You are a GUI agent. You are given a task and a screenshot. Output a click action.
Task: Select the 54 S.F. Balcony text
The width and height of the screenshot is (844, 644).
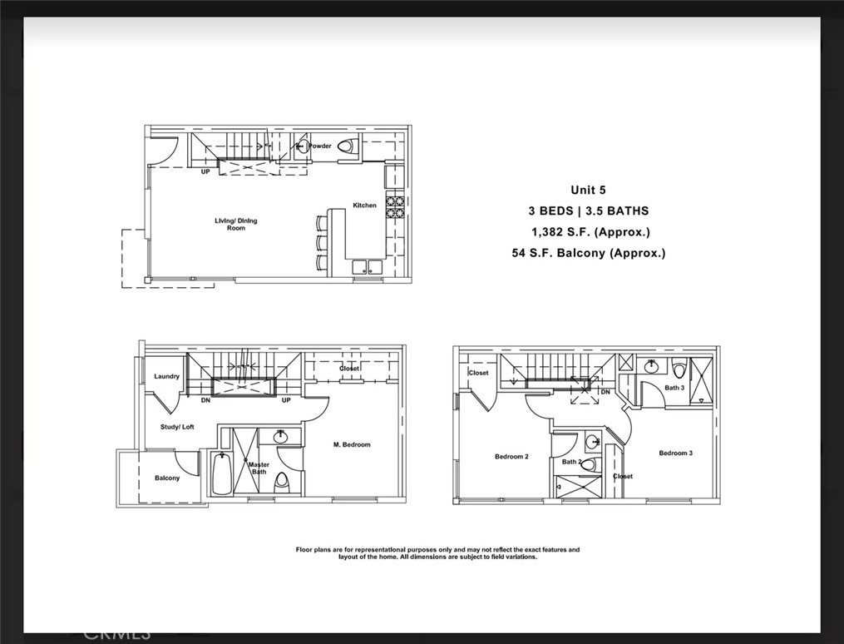click(x=589, y=253)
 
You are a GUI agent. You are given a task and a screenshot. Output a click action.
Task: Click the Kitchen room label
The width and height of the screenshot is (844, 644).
click(x=364, y=205)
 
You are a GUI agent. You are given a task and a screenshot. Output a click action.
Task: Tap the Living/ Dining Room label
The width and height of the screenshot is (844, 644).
click(x=236, y=224)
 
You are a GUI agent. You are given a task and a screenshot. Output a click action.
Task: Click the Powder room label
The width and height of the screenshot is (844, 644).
click(x=320, y=146)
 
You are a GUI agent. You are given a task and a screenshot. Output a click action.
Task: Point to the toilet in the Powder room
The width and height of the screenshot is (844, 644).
click(x=345, y=146)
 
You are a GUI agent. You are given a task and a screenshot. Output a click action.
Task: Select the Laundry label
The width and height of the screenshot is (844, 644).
click(x=166, y=376)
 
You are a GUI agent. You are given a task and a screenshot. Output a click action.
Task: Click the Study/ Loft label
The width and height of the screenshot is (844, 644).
click(x=177, y=427)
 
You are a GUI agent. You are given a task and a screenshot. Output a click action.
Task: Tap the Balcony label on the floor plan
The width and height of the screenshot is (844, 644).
click(x=166, y=478)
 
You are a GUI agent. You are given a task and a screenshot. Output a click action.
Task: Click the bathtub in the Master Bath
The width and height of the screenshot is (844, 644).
click(x=221, y=474)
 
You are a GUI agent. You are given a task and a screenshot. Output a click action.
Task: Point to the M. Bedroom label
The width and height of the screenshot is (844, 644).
click(x=352, y=444)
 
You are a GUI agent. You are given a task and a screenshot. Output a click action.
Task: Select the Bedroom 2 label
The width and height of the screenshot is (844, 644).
click(x=511, y=456)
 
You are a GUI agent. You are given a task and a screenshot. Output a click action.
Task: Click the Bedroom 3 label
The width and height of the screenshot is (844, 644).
click(x=675, y=453)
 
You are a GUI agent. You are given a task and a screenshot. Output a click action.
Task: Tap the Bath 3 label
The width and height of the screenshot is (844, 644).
click(x=674, y=388)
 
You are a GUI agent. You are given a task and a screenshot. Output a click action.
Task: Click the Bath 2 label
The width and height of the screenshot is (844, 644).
click(x=570, y=462)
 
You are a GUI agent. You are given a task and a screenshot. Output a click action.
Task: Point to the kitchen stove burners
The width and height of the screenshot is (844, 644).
click(x=394, y=207)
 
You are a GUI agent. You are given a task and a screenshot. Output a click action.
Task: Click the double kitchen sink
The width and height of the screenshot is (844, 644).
click(x=367, y=267)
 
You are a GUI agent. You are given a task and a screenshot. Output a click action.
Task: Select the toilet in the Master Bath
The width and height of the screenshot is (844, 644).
click(x=282, y=481)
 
